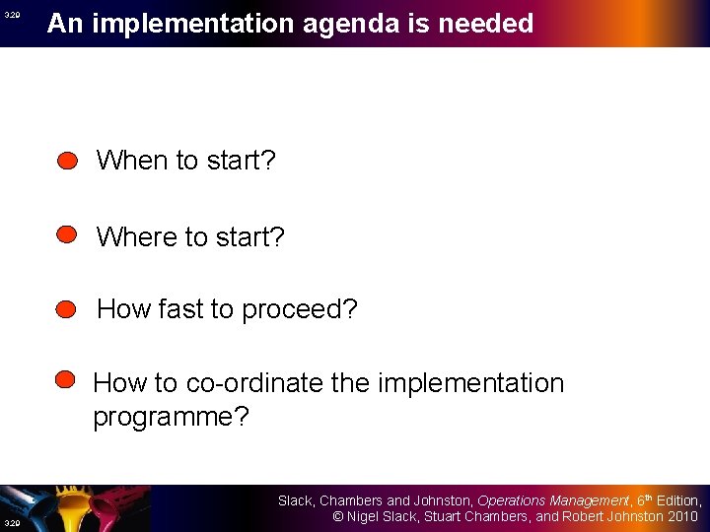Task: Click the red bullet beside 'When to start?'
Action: pyautogui.click(x=67, y=161)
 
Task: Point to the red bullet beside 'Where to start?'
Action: pyautogui.click(x=67, y=234)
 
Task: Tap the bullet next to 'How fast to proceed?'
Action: pyautogui.click(x=67, y=309)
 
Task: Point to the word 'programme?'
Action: pyautogui.click(x=171, y=417)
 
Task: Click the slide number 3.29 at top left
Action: pyautogui.click(x=11, y=16)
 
